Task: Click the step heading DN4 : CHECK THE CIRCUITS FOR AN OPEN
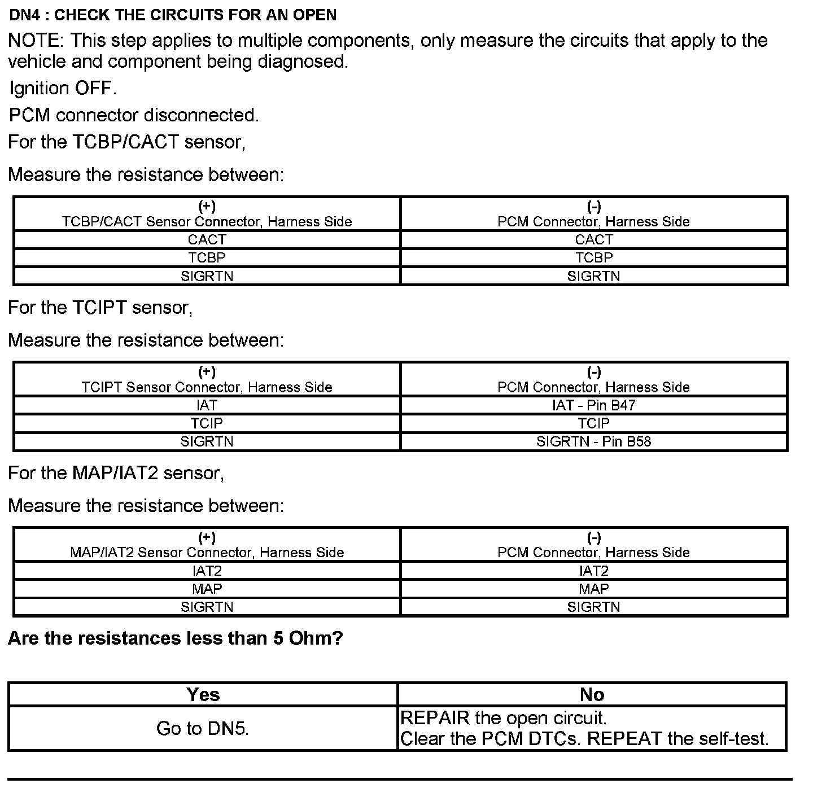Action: tap(173, 15)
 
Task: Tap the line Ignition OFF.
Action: tap(63, 88)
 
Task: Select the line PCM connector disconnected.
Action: tap(134, 115)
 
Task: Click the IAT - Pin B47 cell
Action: tap(593, 405)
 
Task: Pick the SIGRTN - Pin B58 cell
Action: tap(593, 441)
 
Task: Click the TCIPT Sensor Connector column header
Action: tap(207, 380)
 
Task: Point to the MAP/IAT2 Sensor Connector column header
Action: tap(207, 545)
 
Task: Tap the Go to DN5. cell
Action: tap(203, 728)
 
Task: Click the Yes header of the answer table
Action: tap(203, 694)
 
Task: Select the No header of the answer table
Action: tap(592, 694)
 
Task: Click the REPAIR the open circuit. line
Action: tap(504, 718)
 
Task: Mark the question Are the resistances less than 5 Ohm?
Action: tap(176, 638)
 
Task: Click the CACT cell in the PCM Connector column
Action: tap(593, 239)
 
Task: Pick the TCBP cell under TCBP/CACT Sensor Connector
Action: tap(207, 257)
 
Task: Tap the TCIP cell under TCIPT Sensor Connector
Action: tap(207, 423)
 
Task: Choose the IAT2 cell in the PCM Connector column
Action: tap(593, 571)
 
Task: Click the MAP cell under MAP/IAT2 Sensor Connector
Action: tap(207, 589)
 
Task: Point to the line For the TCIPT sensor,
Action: tap(100, 308)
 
